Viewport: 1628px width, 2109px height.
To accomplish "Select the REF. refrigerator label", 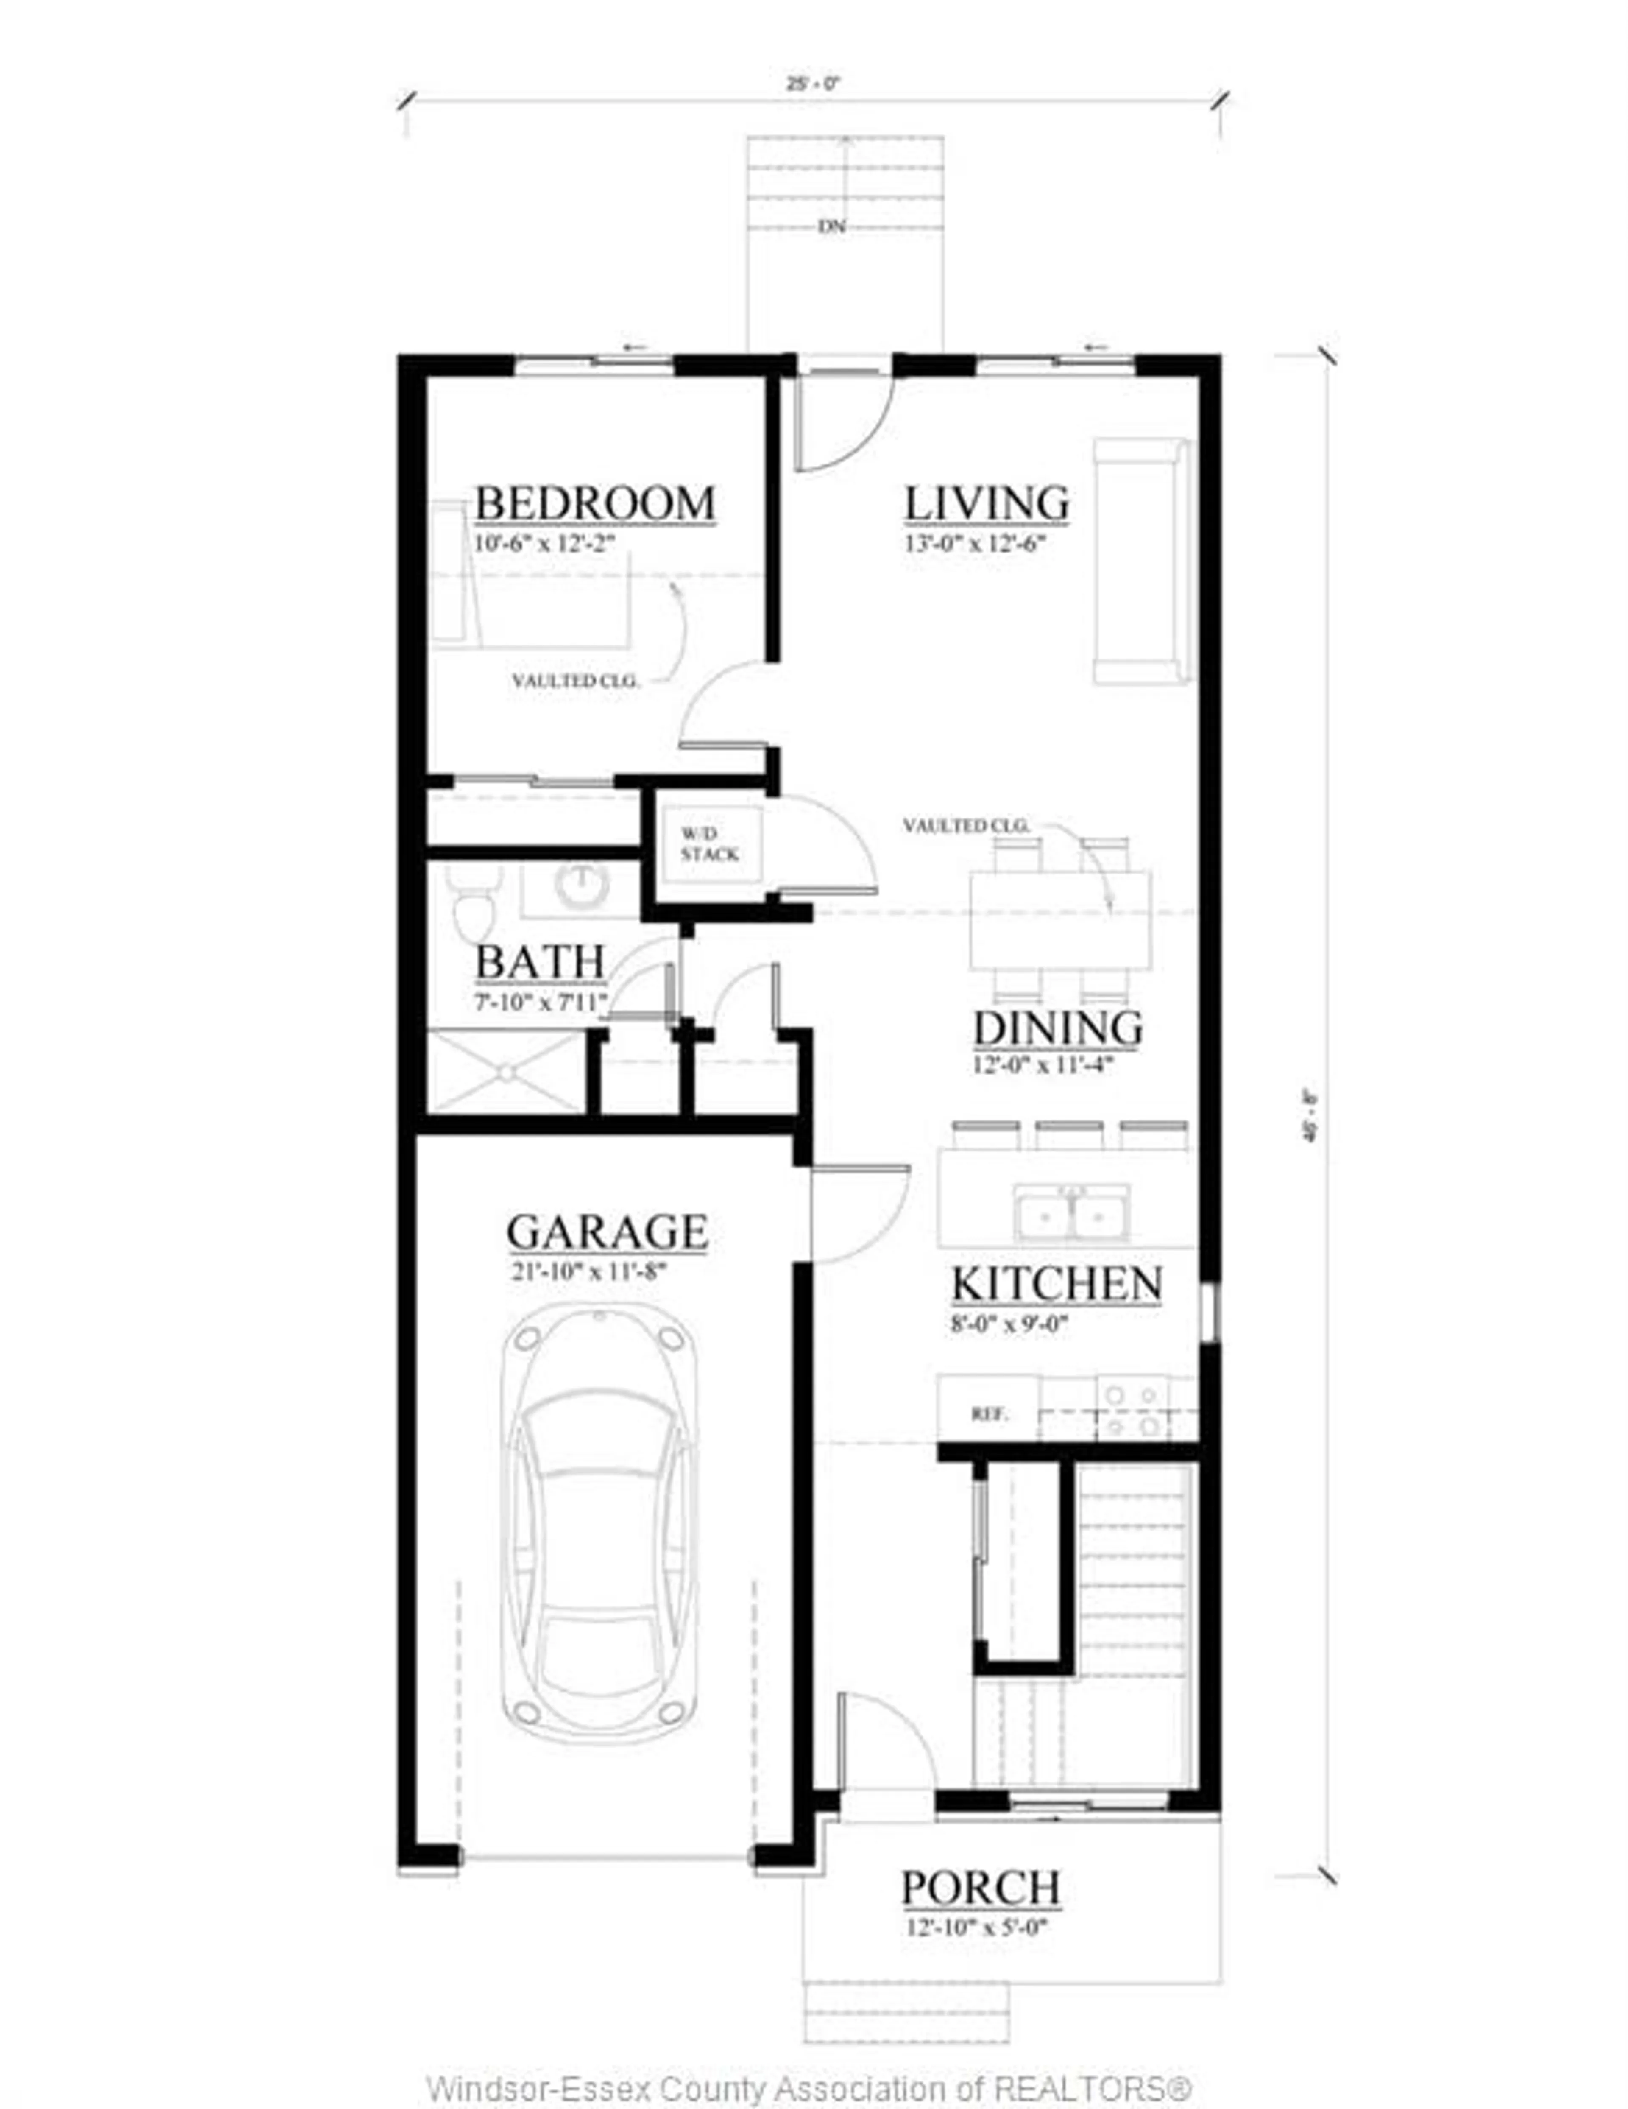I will pyautogui.click(x=989, y=1415).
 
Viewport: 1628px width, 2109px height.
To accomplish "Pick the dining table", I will pyautogui.click(x=1060, y=919).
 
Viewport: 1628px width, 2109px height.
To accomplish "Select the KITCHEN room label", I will pyautogui.click(x=1057, y=1284).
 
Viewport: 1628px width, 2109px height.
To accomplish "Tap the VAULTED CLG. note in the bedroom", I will pyautogui.click(x=575, y=681).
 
